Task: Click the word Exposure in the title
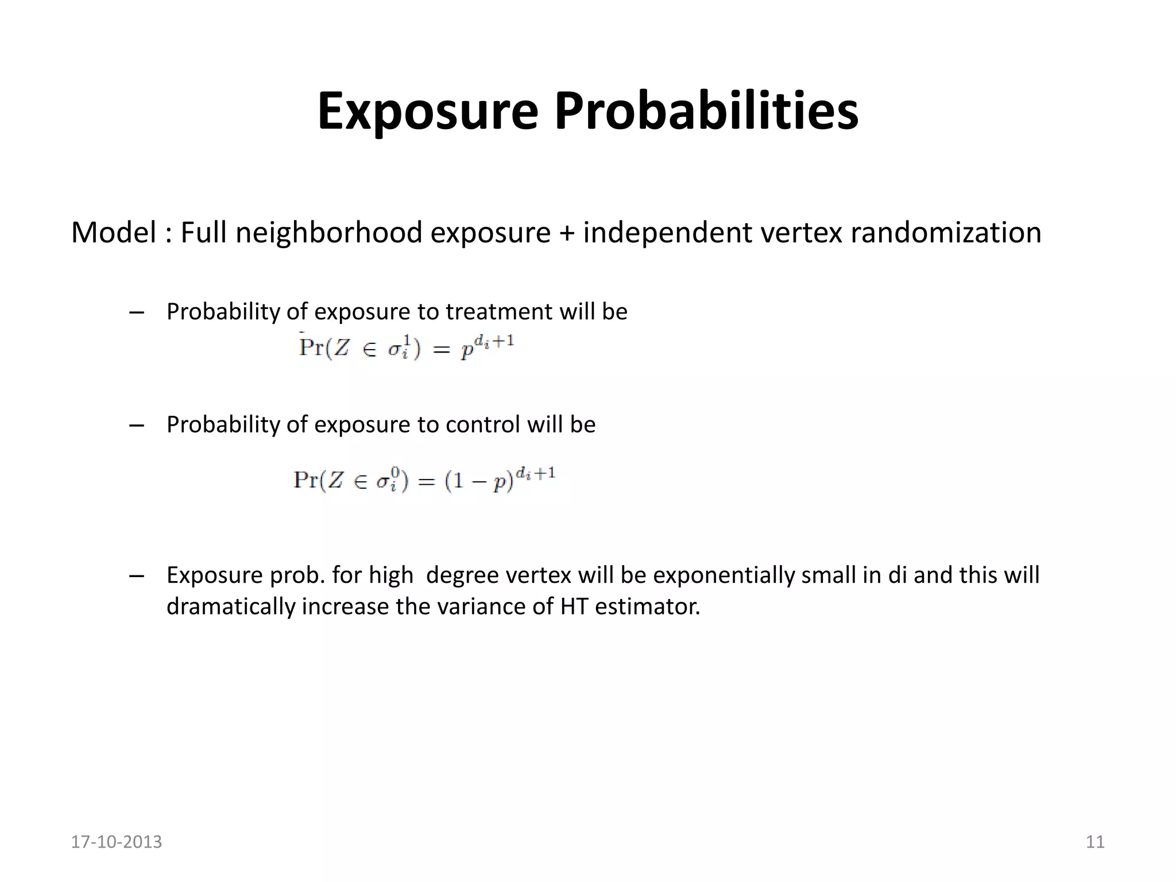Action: [x=428, y=111]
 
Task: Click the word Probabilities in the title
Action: [x=706, y=111]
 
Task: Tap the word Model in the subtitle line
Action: [x=114, y=233]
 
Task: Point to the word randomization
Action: [x=946, y=233]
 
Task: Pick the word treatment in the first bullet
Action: [x=500, y=312]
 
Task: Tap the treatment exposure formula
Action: [x=407, y=347]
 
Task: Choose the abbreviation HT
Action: [x=575, y=606]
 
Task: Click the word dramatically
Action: [x=231, y=606]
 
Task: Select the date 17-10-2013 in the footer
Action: [x=117, y=842]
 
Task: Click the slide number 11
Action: [x=1095, y=842]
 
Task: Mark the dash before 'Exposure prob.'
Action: [x=137, y=575]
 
